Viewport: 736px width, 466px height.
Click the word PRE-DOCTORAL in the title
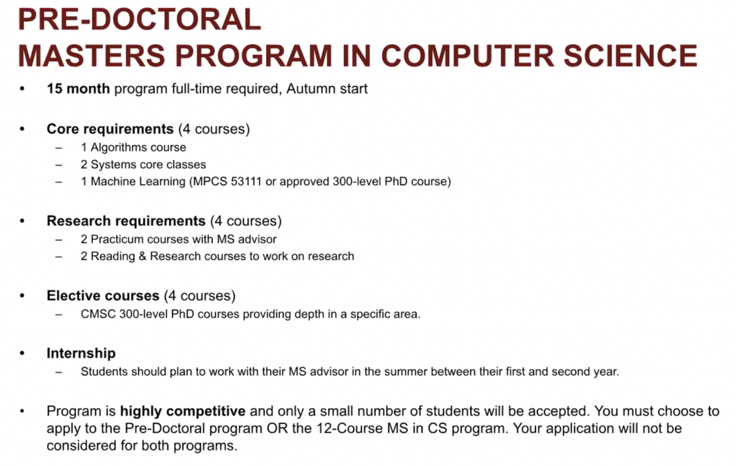click(140, 20)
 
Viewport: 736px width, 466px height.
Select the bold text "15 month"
click(78, 88)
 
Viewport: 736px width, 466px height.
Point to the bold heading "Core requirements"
click(110, 129)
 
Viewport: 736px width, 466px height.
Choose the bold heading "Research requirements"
click(126, 221)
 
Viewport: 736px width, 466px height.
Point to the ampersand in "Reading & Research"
click(142, 256)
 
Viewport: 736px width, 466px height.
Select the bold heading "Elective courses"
click(103, 295)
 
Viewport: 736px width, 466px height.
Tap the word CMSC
click(98, 314)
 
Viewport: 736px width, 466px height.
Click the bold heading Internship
click(81, 353)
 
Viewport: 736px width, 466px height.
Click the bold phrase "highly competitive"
click(183, 411)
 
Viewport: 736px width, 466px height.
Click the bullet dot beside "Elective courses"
click(22, 296)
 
